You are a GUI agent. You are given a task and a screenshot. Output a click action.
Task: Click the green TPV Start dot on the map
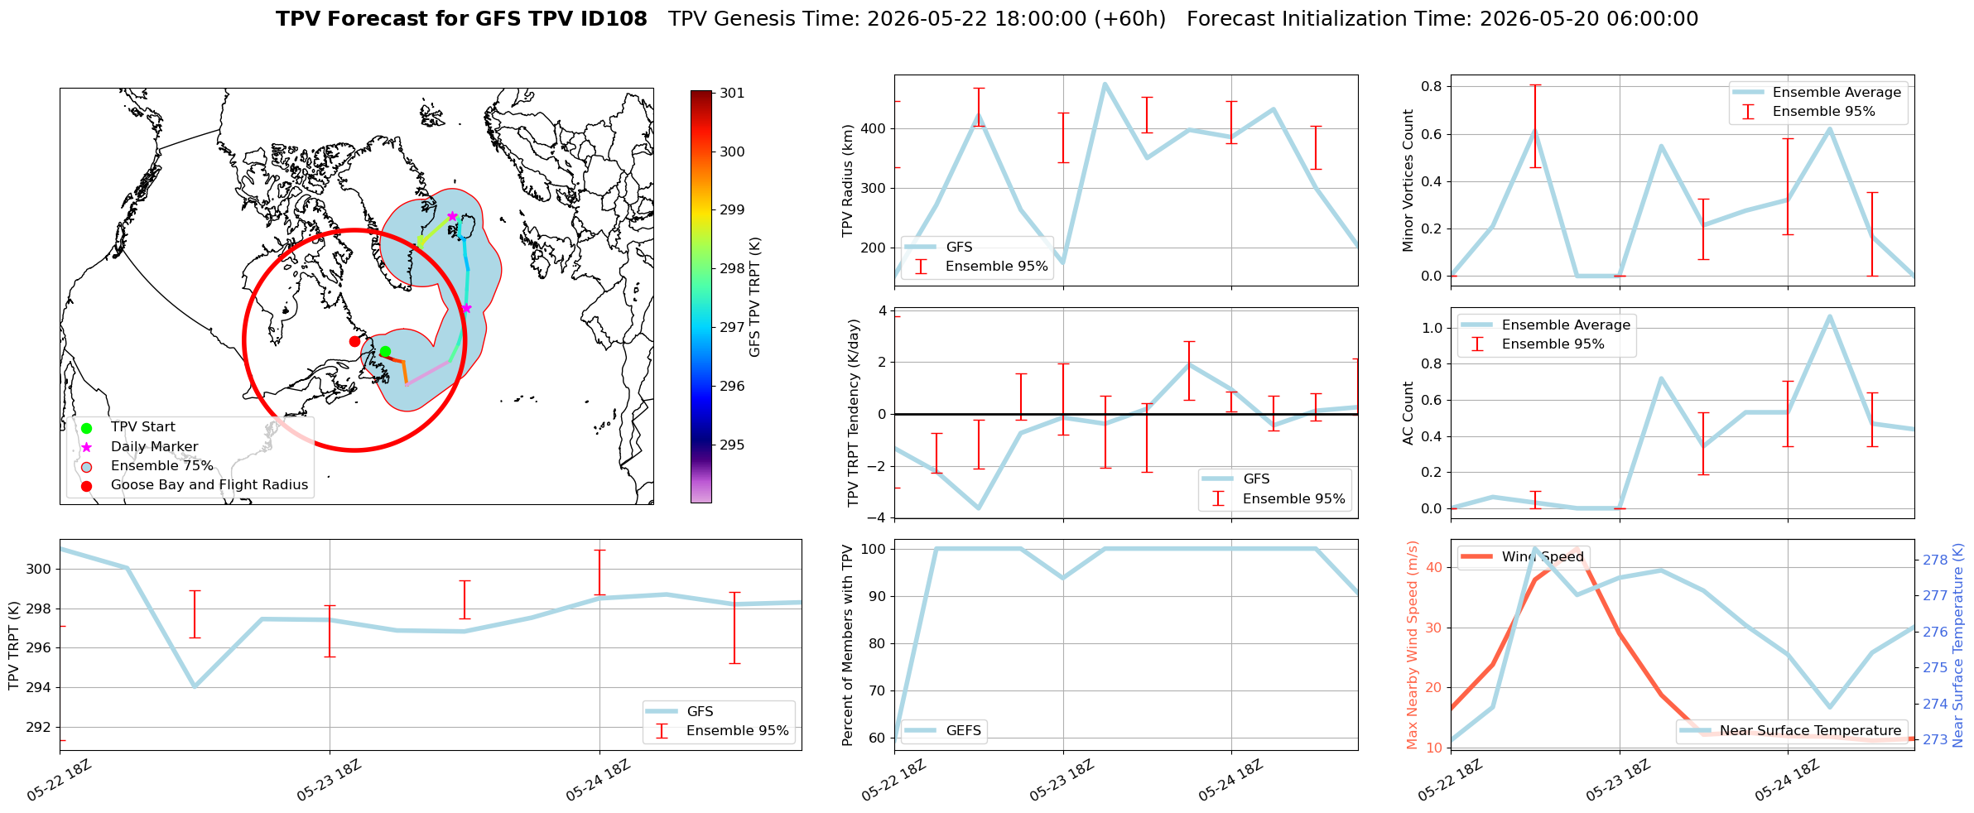385,352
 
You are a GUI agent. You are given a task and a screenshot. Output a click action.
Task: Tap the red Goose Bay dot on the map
354,341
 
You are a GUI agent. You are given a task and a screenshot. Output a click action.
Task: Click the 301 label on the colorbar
732,93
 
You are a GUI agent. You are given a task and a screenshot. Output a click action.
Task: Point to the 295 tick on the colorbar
732,445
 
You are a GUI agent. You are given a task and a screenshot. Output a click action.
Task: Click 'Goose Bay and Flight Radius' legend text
209,484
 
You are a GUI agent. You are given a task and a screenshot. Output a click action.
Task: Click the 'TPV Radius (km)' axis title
847,180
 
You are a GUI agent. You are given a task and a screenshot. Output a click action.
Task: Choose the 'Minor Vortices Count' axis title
1408,180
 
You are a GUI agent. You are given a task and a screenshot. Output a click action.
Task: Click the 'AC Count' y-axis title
1408,413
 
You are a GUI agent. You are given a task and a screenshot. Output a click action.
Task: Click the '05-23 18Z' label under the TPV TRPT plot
329,781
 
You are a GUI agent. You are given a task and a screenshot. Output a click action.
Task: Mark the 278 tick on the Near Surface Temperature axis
1935,560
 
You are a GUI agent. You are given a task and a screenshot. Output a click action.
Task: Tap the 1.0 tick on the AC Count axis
1432,328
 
